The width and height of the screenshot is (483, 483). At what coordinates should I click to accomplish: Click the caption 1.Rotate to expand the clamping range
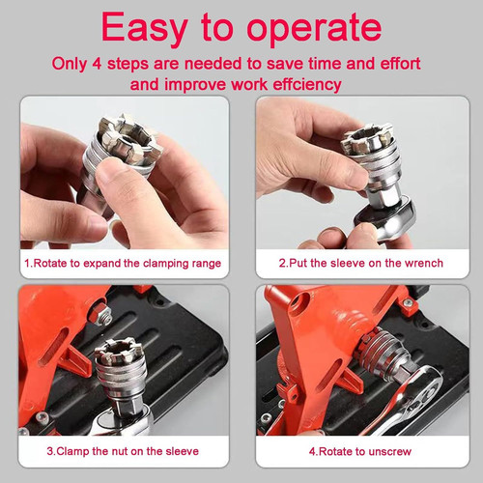point(122,263)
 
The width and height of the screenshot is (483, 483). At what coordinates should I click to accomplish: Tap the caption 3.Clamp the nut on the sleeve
point(122,450)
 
